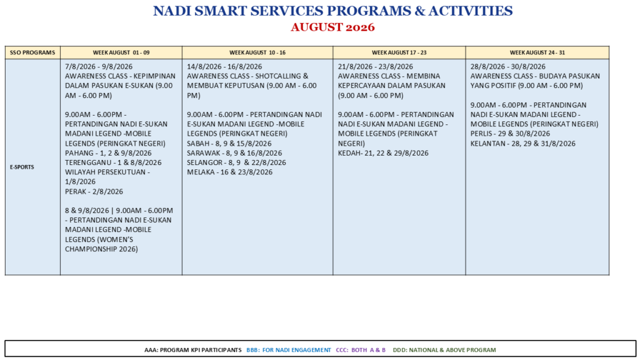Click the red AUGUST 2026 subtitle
pos(332,27)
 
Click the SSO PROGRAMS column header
pos(32,52)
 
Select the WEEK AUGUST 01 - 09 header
pos(121,52)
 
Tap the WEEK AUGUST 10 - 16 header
pos(257,52)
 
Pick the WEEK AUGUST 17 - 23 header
pos(399,52)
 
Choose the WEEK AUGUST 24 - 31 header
pos(537,52)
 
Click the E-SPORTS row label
pos(22,167)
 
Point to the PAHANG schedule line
pos(108,153)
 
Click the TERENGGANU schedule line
pos(113,162)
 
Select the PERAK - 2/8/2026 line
pos(94,191)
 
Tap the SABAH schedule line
pos(229,144)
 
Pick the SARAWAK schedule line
pos(234,153)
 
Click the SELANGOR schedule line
pos(236,162)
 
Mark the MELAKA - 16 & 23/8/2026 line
pos(230,172)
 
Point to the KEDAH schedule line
pos(383,153)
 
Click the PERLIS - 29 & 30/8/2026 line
pos(510,134)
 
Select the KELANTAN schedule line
pos(523,144)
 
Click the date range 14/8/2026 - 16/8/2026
pos(224,66)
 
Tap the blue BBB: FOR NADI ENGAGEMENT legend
pos(289,350)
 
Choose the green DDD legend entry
pos(444,350)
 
